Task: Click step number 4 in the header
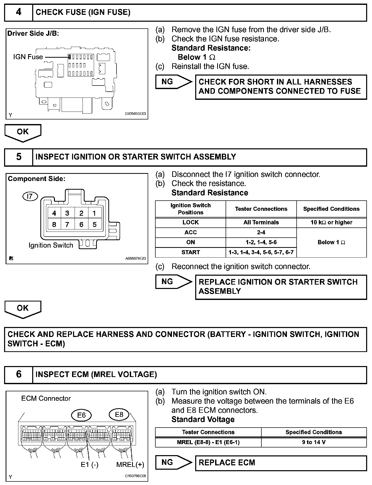pyautogui.click(x=19, y=12)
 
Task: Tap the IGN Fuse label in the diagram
pyautogui.click(x=28, y=57)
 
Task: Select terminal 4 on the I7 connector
pyautogui.click(x=54, y=213)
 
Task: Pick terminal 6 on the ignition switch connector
pyautogui.click(x=81, y=225)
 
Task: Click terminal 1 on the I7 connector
pyautogui.click(x=95, y=213)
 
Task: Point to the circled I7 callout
pyautogui.click(x=30, y=196)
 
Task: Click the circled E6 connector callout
pyautogui.click(x=81, y=415)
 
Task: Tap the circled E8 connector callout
pyautogui.click(x=119, y=415)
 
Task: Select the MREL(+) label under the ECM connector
pyautogui.click(x=130, y=465)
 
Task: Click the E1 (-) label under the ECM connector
pyautogui.click(x=89, y=465)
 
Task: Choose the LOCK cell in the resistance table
pyautogui.click(x=191, y=222)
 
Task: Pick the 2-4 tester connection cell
pyautogui.click(x=261, y=232)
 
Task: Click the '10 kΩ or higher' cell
pyautogui.click(x=331, y=222)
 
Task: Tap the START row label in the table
pyautogui.click(x=191, y=252)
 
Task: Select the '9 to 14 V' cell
pyautogui.click(x=314, y=442)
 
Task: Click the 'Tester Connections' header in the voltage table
pyautogui.click(x=208, y=432)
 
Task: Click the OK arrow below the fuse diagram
pyautogui.click(x=23, y=132)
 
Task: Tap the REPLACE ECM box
pyautogui.click(x=281, y=463)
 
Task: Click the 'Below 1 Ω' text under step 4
pyautogui.click(x=196, y=57)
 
